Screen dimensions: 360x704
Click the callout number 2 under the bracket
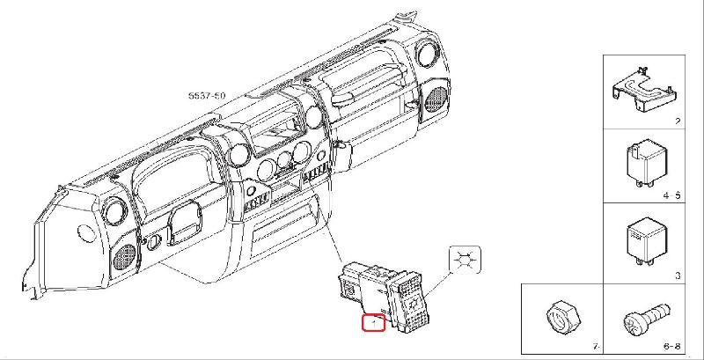677,122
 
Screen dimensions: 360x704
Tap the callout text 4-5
672,195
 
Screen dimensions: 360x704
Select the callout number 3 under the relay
678,276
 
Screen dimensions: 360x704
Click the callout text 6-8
672,349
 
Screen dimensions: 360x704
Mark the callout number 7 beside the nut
595,349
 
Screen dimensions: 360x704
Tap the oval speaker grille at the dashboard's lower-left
125,258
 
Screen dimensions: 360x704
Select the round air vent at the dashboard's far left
113,212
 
